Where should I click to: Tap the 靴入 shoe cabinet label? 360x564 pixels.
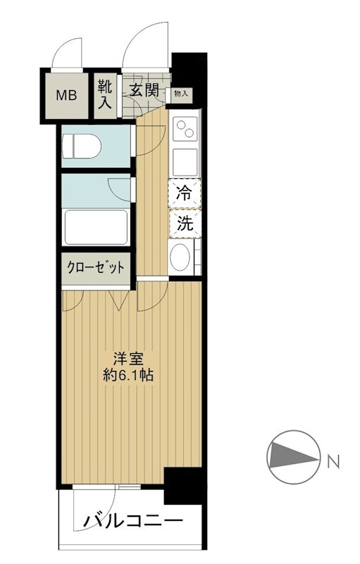pos(105,94)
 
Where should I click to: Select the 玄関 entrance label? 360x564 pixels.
pos(143,90)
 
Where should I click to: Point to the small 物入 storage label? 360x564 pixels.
pos(180,94)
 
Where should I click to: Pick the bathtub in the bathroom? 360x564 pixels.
pos(96,226)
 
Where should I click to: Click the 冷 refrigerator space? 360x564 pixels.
pos(184,194)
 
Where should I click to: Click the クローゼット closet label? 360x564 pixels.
pos(96,268)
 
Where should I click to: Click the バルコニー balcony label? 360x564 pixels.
pos(134,522)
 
